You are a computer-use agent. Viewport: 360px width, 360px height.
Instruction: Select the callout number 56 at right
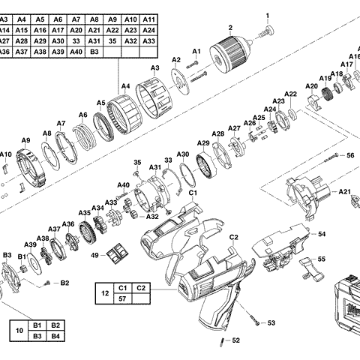coord(349,155)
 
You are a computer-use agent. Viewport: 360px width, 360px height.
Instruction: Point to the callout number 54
coord(322,234)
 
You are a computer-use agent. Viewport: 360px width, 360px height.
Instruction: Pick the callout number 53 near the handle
coord(271,322)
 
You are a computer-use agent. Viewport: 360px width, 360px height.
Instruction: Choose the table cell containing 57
coord(122,300)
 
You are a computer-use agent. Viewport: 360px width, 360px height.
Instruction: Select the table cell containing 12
coord(103,294)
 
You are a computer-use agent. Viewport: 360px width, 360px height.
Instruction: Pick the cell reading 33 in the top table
coord(76,40)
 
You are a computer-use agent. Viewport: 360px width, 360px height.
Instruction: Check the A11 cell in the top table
coord(148,18)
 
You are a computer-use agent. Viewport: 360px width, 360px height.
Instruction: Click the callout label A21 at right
coord(344,192)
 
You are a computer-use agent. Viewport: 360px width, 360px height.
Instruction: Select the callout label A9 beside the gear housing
coord(25,141)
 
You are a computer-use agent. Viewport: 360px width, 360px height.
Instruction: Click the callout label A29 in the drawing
coord(203,143)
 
